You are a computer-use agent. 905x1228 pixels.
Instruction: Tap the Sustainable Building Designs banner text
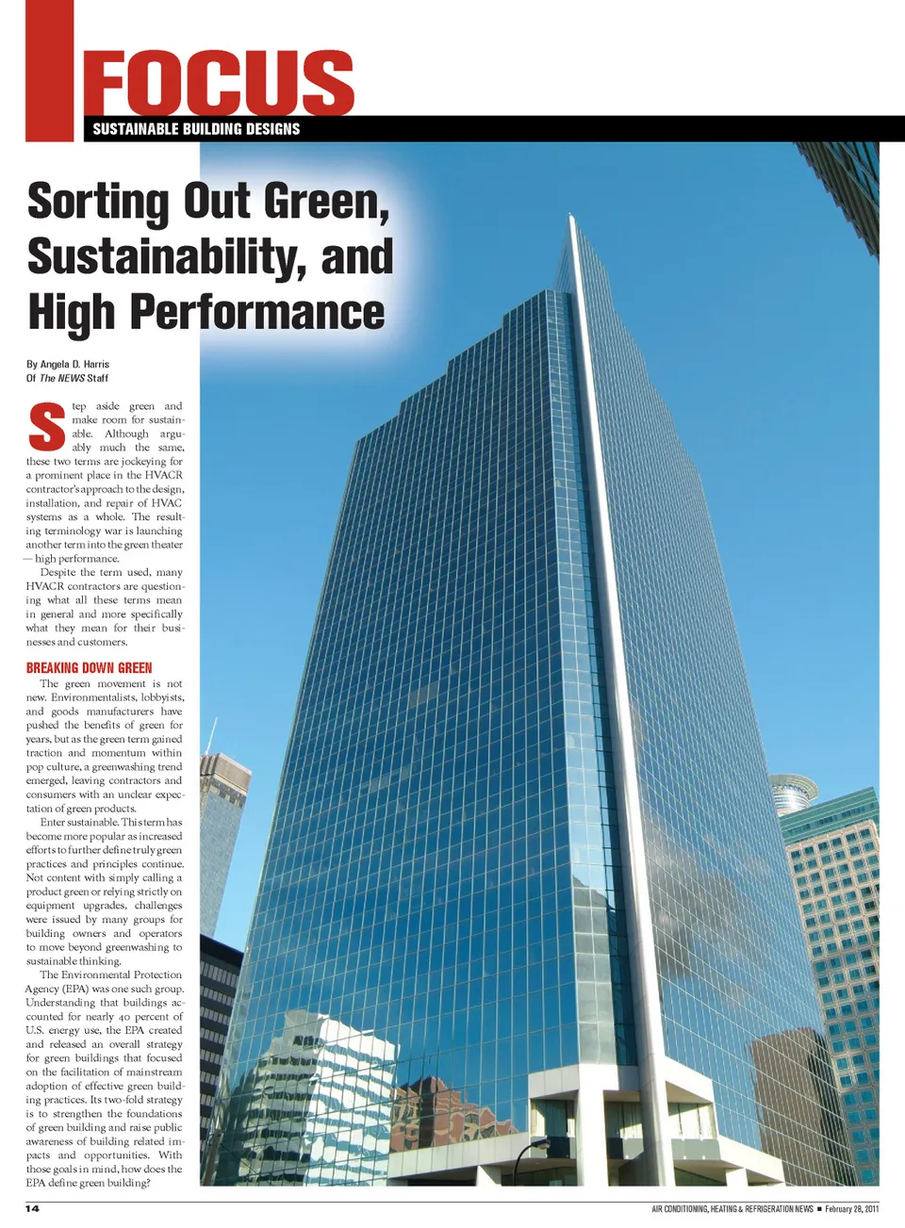pos(196,129)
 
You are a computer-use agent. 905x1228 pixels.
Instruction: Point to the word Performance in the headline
pos(256,312)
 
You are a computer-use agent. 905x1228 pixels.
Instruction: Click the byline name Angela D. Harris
pos(74,364)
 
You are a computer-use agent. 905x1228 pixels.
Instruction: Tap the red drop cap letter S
pos(47,427)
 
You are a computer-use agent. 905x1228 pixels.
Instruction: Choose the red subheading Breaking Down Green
pos(89,667)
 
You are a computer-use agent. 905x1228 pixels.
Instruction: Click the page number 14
pos(32,1208)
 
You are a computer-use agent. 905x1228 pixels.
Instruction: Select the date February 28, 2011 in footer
pos(851,1208)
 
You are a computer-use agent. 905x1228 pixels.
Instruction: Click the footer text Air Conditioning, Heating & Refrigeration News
pos(732,1208)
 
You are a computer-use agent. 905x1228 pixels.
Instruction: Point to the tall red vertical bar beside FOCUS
pos(49,71)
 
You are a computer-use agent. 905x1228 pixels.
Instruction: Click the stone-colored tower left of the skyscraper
pos(223,829)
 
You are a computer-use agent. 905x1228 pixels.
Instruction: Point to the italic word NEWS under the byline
pos(71,378)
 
